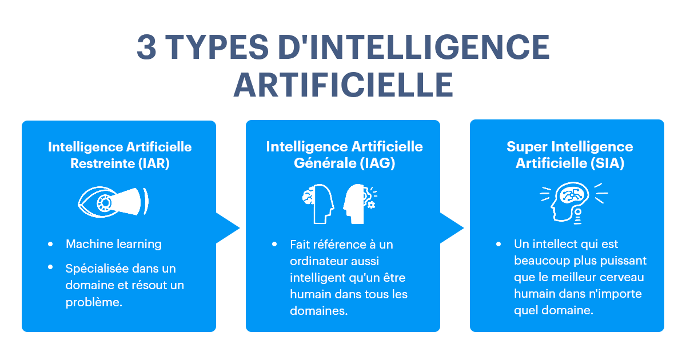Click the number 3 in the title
147,47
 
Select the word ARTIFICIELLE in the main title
343,85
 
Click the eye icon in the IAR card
113,201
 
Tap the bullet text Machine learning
114,244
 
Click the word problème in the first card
94,302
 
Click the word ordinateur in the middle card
318,261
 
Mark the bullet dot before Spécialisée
51,267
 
